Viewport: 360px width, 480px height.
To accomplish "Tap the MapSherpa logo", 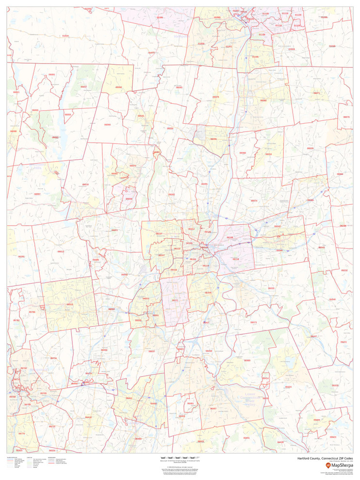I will pyautogui.click(x=339, y=465).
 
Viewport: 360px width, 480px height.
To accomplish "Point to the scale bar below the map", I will pyautogui.click(x=180, y=458).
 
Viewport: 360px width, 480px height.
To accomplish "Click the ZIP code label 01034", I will pyautogui.click(x=65, y=35).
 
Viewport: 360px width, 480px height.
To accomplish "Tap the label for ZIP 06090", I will pyautogui.click(x=107, y=124).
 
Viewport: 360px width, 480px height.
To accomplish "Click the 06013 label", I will pyautogui.click(x=61, y=251).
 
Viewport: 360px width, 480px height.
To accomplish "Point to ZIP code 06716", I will pyautogui.click(x=53, y=358).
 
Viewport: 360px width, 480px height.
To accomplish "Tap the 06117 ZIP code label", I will pyautogui.click(x=159, y=233).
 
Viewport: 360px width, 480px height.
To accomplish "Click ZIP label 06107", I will pyautogui.click(x=162, y=255).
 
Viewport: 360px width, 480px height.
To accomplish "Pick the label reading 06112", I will pyautogui.click(x=191, y=229).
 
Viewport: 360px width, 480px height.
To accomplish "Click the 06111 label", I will pyautogui.click(x=175, y=300).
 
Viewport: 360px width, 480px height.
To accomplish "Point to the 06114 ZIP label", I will pyautogui.click(x=205, y=265).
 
